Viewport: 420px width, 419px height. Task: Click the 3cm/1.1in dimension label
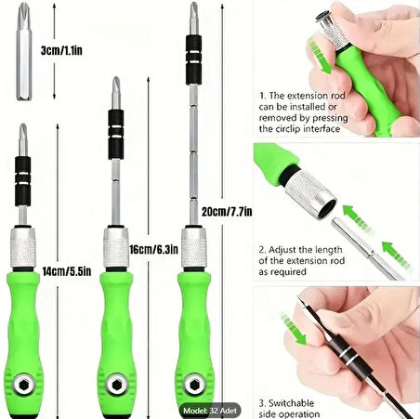click(61, 50)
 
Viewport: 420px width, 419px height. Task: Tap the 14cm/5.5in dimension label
click(67, 271)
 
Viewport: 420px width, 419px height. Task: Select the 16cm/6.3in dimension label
click(153, 249)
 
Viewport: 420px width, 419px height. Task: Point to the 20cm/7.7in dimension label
click(227, 212)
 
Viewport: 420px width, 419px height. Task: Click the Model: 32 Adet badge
click(210, 411)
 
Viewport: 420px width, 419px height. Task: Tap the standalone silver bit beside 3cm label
click(24, 51)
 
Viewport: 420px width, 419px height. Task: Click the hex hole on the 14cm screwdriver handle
click(24, 385)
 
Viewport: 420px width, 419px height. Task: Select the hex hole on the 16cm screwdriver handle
click(116, 385)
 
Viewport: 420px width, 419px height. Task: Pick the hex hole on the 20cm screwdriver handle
click(194, 385)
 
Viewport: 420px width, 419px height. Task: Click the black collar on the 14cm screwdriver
click(23, 181)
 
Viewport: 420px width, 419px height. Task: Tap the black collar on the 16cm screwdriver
click(116, 135)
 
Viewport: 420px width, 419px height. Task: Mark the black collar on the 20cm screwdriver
click(194, 60)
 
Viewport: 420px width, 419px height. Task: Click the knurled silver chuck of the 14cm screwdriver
click(23, 248)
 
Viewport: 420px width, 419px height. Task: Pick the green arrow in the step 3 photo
click(294, 329)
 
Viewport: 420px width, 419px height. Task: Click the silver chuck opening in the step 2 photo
click(327, 209)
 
